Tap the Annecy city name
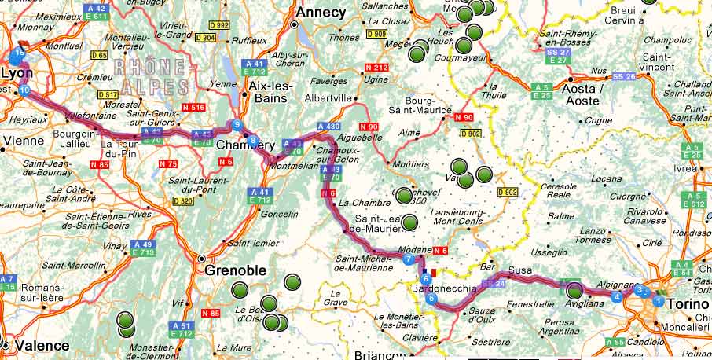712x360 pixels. point(320,13)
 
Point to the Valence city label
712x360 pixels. point(34,344)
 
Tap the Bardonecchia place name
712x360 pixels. point(444,289)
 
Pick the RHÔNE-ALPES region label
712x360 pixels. point(152,76)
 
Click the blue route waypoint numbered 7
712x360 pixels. point(408,259)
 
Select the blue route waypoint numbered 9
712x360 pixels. point(237,124)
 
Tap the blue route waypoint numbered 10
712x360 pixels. point(24,91)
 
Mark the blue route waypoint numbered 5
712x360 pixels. point(431,298)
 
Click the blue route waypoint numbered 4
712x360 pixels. point(617,296)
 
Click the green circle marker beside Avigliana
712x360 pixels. point(574,290)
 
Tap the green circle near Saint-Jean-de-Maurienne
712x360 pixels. point(408,223)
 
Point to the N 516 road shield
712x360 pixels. point(192,107)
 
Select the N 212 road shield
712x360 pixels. point(376,68)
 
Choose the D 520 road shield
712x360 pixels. point(182,201)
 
